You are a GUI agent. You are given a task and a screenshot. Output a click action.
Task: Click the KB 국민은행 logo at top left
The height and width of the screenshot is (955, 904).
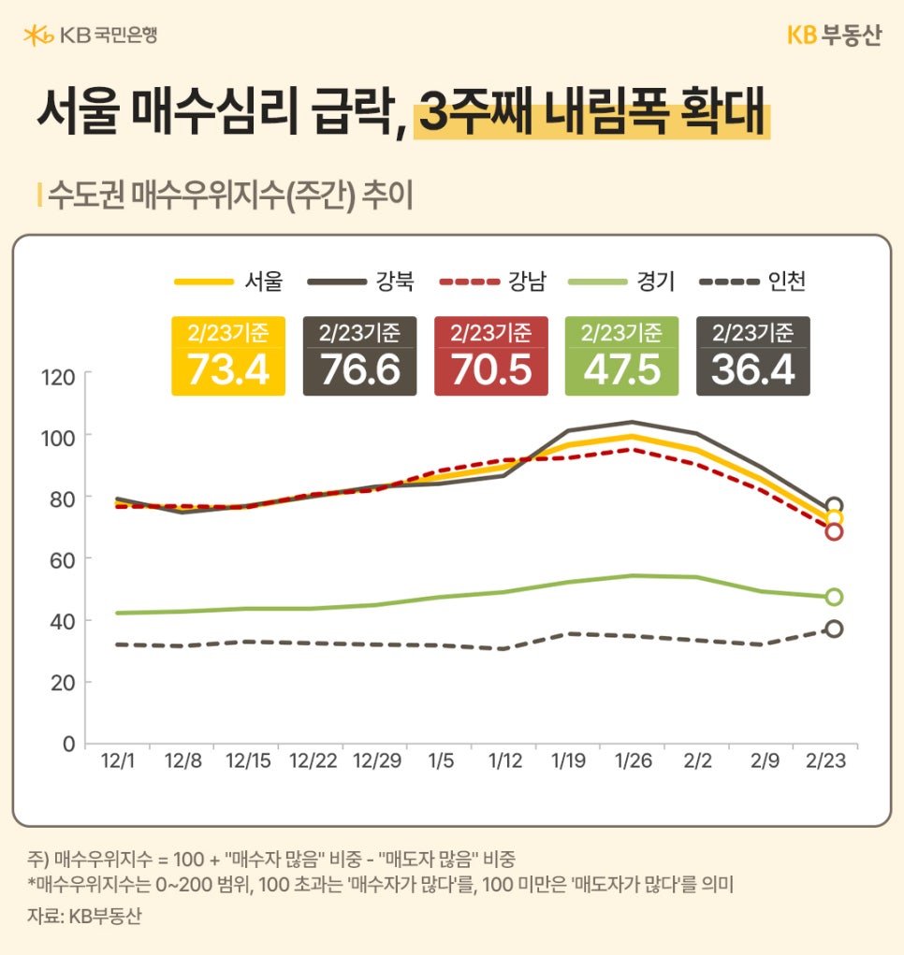[90, 36]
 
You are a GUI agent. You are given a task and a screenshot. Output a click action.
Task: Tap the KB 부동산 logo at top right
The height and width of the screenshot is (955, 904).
[834, 36]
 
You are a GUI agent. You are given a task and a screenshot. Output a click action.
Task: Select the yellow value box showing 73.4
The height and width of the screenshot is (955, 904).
[228, 355]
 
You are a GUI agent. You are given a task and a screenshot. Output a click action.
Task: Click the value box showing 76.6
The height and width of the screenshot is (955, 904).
[359, 355]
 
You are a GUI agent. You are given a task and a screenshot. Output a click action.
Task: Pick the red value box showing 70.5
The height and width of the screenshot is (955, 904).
[490, 355]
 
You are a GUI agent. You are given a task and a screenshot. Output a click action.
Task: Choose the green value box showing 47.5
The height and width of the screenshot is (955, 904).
[621, 355]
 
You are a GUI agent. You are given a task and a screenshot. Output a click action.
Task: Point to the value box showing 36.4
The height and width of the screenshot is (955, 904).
[752, 355]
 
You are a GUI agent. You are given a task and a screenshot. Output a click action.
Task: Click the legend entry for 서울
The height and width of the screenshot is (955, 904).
[228, 280]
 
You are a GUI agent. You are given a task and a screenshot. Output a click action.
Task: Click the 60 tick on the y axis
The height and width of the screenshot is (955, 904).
[64, 559]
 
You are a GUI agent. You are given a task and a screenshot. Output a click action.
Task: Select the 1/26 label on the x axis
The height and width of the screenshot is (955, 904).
[633, 761]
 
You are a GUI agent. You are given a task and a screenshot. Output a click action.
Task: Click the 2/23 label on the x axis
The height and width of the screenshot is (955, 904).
[825, 761]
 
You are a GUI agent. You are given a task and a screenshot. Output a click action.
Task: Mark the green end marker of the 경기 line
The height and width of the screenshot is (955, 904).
[833, 597]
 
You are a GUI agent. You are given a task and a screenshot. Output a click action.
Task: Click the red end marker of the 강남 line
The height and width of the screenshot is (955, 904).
[833, 531]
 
